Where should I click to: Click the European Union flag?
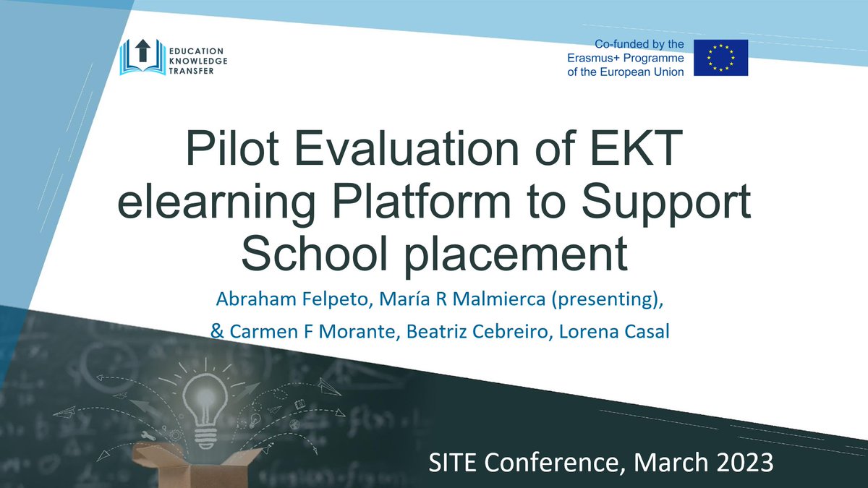720,58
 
